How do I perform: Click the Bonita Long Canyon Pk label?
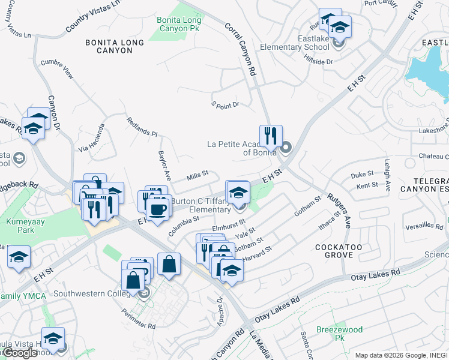179,24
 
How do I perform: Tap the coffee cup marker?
158,209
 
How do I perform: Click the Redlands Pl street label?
142,127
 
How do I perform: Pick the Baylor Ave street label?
165,166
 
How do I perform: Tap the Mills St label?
197,175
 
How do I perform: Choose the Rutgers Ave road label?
339,211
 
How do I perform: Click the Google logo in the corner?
20,353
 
